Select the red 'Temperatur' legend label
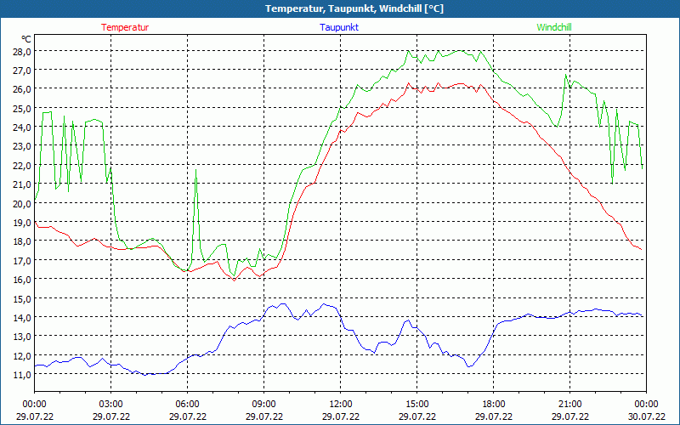tap(125, 27)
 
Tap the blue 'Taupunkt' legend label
tap(339, 27)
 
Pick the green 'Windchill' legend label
tap(554, 27)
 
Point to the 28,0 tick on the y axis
tap(21, 51)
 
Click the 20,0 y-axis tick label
tap(21, 203)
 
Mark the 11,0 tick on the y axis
tap(21, 374)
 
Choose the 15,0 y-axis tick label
tap(21, 298)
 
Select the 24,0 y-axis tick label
tap(21, 127)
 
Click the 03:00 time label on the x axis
tap(110, 404)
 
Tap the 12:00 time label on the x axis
tap(340, 404)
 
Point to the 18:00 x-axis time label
tap(493, 404)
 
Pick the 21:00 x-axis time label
tap(569, 404)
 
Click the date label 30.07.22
tap(646, 416)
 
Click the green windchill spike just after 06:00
tap(196, 171)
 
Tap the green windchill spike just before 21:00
tap(565, 75)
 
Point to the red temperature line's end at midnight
tap(642, 249)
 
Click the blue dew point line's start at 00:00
tap(35, 366)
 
